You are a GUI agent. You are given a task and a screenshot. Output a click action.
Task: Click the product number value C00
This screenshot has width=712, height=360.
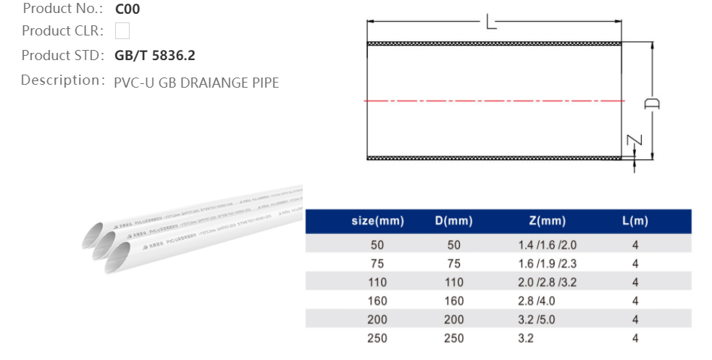pyautogui.click(x=127, y=9)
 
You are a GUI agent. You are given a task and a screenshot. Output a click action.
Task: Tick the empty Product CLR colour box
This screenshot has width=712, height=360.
pyautogui.click(x=122, y=30)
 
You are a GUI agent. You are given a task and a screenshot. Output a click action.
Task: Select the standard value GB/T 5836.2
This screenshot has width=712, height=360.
pyautogui.click(x=154, y=55)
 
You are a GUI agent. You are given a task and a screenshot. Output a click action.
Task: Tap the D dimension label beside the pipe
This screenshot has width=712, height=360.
pyautogui.click(x=652, y=104)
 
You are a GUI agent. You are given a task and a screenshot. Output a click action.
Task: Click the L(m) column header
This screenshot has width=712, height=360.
pyautogui.click(x=635, y=221)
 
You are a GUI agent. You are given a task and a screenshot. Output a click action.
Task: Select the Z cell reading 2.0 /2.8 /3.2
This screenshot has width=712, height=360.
pyautogui.click(x=543, y=282)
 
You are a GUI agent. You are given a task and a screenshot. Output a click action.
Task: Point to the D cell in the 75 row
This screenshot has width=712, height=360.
pyautogui.click(x=453, y=264)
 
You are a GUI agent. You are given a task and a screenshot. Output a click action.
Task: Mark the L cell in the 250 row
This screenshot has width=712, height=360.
pyautogui.click(x=635, y=338)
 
